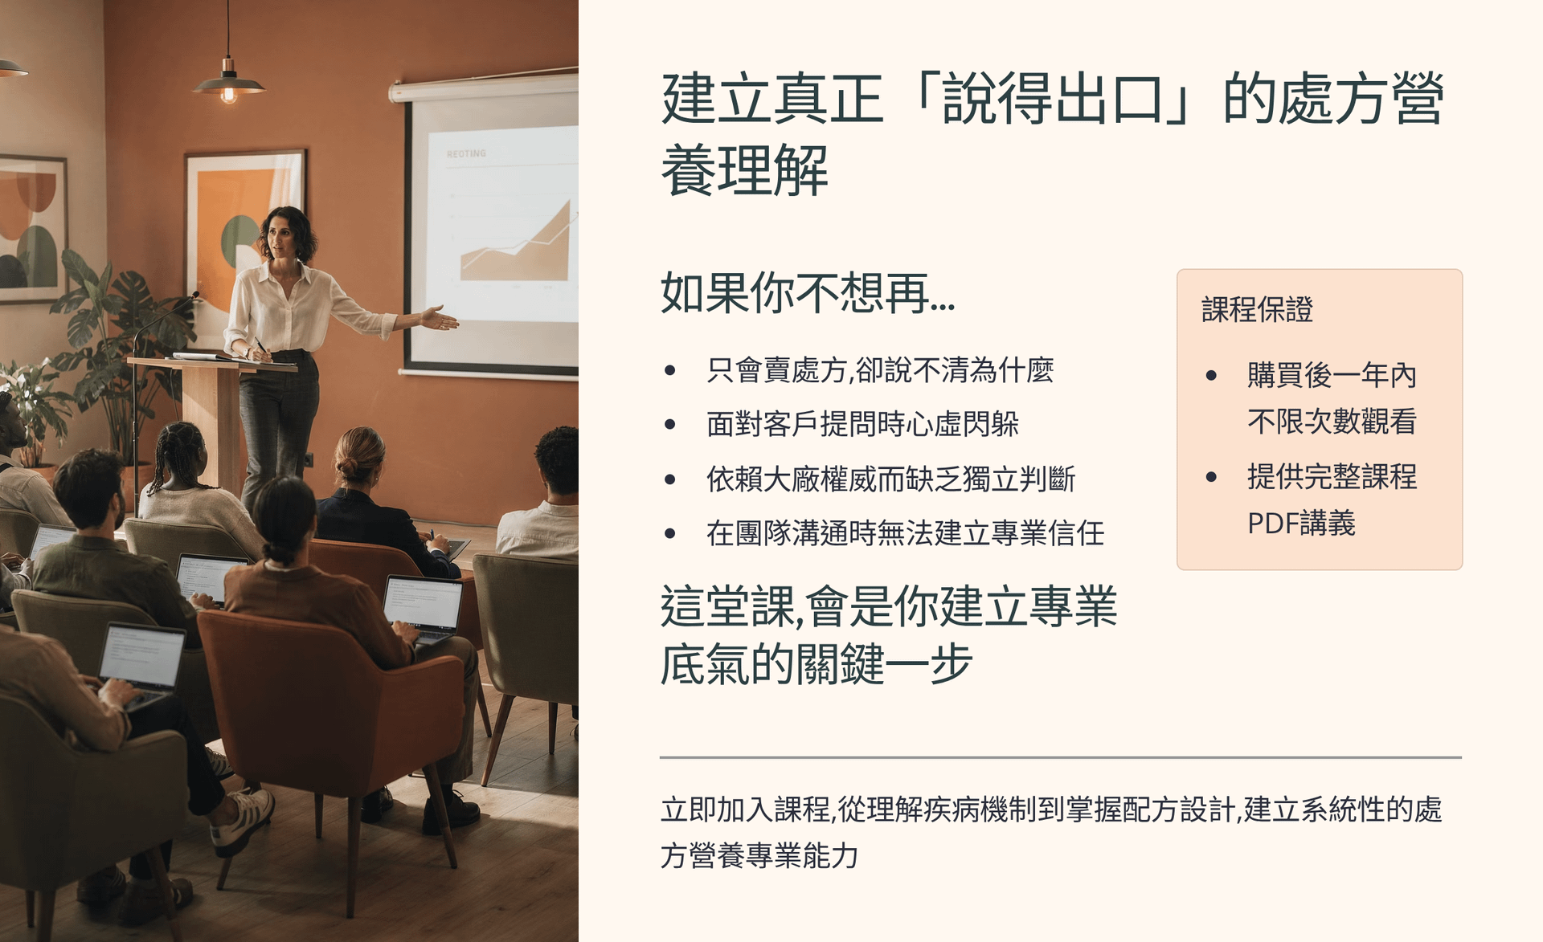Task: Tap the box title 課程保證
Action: [1257, 309]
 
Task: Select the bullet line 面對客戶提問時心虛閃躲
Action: [862, 424]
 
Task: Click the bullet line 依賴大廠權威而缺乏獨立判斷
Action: [890, 479]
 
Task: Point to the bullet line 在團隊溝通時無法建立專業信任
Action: [905, 533]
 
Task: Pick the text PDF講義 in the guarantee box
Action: [1301, 524]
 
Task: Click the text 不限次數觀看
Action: [1332, 422]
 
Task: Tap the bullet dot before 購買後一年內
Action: [1212, 375]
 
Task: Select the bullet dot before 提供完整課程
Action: [1212, 477]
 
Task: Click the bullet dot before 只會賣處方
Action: [670, 370]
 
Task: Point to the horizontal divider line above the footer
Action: [1061, 757]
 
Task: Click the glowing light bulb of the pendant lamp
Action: [228, 95]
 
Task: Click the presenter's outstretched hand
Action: [439, 319]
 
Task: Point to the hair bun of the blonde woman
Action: [348, 468]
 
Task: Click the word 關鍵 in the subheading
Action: [838, 664]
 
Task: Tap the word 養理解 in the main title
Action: [744, 170]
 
